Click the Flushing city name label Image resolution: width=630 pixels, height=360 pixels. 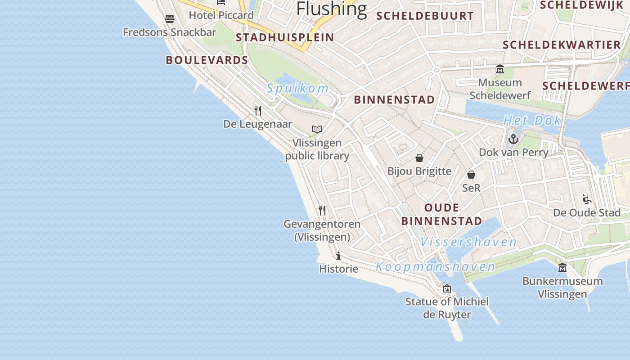pos(332,8)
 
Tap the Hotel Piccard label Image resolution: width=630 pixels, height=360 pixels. pos(221,15)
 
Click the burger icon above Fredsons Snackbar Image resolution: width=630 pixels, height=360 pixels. pos(170,18)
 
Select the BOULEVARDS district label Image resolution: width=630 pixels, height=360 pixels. pos(207,60)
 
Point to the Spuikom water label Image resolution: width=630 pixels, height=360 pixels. pos(297,88)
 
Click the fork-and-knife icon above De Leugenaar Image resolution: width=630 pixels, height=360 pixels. pos(258,110)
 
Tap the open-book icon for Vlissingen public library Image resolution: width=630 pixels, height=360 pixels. pos(317,130)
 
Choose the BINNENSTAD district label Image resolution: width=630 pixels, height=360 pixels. pos(394,99)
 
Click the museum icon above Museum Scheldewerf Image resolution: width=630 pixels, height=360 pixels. pos(499,69)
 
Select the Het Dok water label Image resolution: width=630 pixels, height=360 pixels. pos(532,120)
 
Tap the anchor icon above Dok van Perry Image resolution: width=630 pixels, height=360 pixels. pos(513,139)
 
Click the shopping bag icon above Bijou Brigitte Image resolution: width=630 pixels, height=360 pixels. pos(419,158)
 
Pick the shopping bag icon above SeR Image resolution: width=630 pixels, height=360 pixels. pos(471,175)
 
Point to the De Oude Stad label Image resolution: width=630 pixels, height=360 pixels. pos(587,212)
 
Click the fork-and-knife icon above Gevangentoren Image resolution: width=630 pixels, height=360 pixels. pos(322,210)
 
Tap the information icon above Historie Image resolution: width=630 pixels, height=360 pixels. pos(338,256)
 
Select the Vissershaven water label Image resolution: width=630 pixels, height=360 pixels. pos(468,242)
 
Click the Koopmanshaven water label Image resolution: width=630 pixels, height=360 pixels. pos(435,267)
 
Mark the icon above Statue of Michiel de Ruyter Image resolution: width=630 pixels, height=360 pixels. pos(446,288)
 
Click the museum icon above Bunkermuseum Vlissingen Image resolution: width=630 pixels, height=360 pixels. pos(562,268)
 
